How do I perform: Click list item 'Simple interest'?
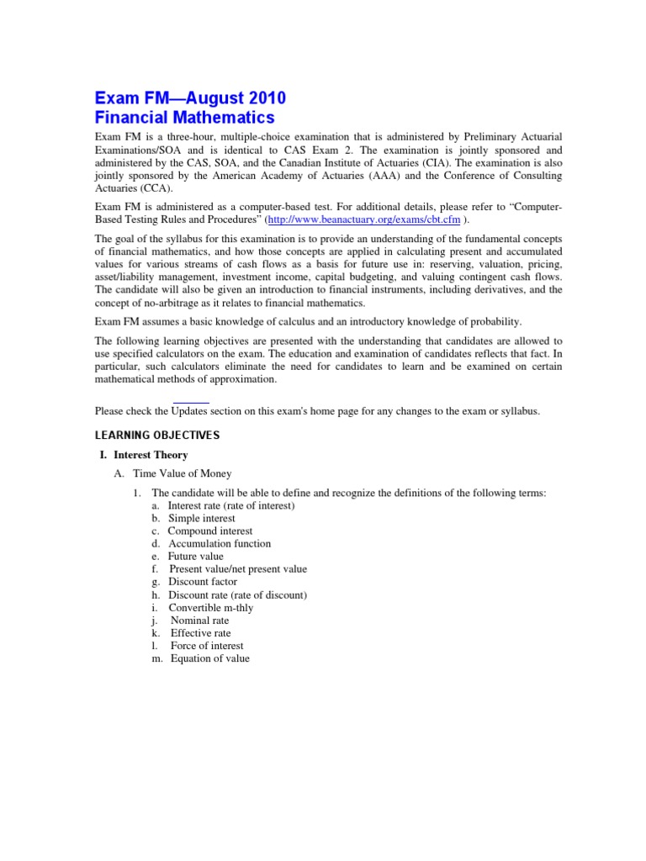[x=202, y=519]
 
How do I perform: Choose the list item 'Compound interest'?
[x=209, y=531]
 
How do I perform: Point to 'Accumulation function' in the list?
[x=220, y=544]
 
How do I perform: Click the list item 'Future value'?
[x=195, y=557]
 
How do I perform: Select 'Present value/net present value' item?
[x=238, y=569]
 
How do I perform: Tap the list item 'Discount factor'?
[x=203, y=582]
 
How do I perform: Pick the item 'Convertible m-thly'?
[x=210, y=608]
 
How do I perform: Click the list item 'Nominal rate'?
[x=199, y=621]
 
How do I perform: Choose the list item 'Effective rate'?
[x=200, y=633]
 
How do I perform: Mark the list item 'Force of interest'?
[x=207, y=646]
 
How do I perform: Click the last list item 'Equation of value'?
[x=210, y=658]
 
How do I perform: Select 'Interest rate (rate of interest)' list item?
[x=231, y=506]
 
